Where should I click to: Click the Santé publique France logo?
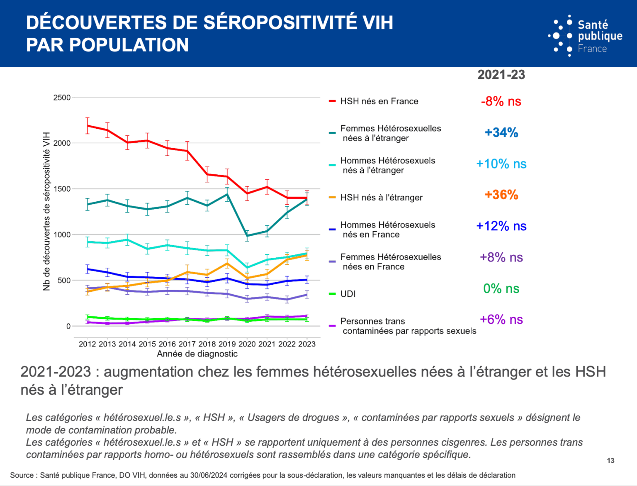585,36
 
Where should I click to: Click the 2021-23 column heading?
501,75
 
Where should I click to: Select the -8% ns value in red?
501,101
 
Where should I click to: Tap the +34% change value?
501,133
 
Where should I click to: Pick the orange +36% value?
501,195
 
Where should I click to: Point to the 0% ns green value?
501,288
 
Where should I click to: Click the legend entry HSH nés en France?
379,101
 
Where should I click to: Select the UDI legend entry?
348,294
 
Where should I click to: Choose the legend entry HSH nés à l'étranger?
381,198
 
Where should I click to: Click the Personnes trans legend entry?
372,321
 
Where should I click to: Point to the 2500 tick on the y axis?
62,98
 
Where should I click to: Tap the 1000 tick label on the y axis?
62,234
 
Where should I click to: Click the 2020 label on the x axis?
247,344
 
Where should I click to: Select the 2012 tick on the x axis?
87,344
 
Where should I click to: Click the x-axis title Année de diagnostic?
197,354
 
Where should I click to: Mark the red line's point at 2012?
88,125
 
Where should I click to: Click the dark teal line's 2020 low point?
247,236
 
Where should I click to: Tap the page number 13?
610,461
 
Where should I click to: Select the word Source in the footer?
22,475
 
